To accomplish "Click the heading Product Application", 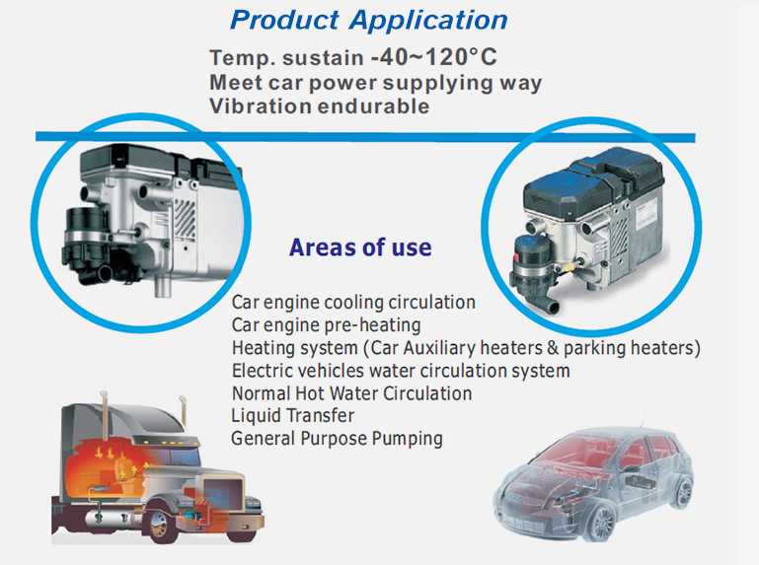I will pos(369,19).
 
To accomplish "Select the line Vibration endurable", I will pos(319,106).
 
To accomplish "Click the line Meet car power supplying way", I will pos(375,83).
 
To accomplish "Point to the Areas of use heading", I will pos(360,247).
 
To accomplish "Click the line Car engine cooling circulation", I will pos(353,303).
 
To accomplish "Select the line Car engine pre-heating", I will pos(326,325).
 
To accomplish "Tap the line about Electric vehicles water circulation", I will pos(401,371).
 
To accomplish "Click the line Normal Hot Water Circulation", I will pos(351,393).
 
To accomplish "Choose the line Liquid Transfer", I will pos(292,416).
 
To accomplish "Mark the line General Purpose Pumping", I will pos(337,439).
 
